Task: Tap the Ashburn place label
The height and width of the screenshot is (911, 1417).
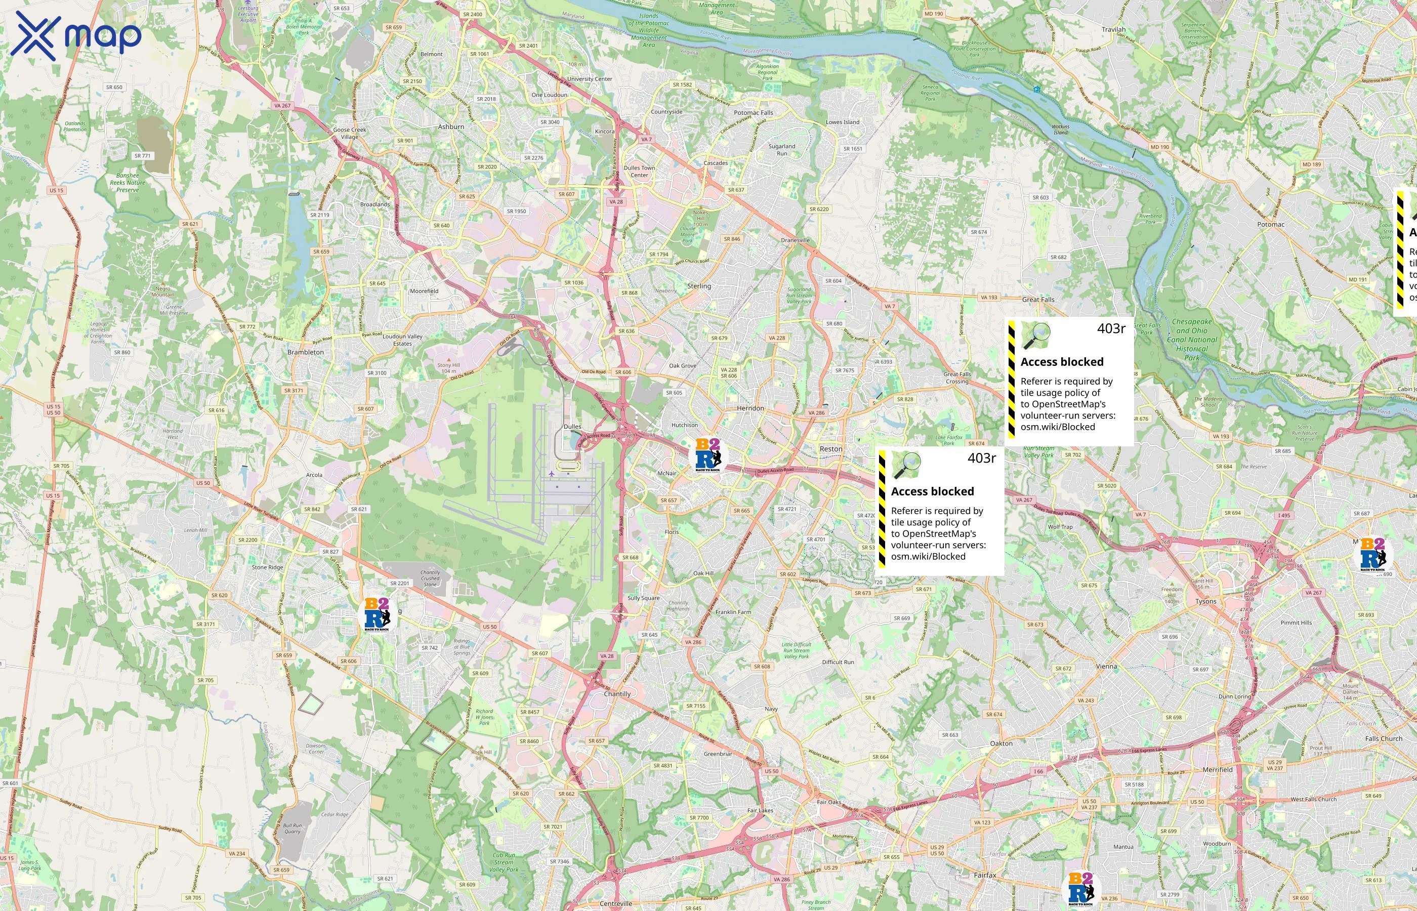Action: [450, 127]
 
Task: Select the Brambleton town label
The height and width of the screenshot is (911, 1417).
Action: [305, 352]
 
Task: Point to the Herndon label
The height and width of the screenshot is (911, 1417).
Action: [750, 408]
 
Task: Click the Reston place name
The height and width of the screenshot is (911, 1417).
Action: [830, 449]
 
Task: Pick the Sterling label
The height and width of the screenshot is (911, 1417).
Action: [698, 286]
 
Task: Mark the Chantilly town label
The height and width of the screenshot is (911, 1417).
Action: [617, 694]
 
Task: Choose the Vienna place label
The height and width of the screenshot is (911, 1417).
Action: [1106, 666]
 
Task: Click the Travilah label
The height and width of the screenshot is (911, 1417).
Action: [1113, 29]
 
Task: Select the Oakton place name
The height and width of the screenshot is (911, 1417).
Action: [1001, 743]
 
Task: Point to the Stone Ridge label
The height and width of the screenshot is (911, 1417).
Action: [267, 567]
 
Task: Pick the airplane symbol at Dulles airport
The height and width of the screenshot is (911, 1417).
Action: [551, 473]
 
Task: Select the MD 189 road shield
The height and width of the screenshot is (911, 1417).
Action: [1311, 164]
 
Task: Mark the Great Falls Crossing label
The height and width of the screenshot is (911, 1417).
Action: [956, 378]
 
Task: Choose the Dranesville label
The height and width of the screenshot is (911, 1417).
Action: [795, 240]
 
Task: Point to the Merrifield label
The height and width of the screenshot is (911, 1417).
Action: [1217, 770]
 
